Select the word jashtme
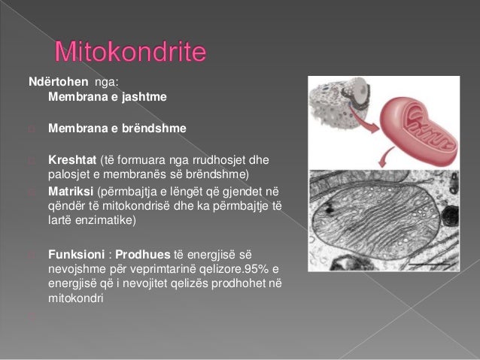[140, 97]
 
